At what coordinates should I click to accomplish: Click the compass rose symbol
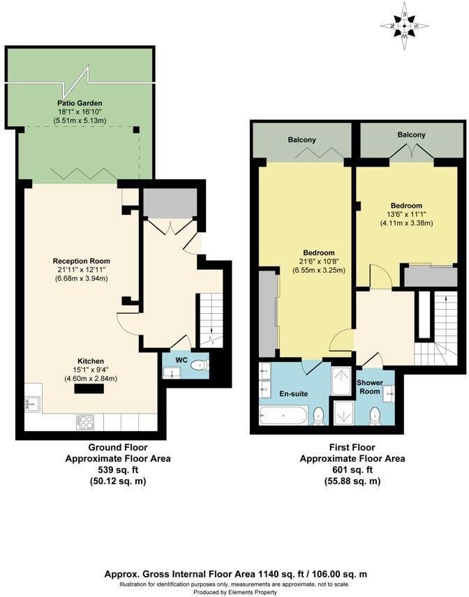pyautogui.click(x=404, y=26)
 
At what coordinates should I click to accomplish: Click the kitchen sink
pyautogui.click(x=33, y=403)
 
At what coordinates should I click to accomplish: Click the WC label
pyautogui.click(x=181, y=360)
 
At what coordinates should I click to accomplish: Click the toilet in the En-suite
pyautogui.click(x=319, y=416)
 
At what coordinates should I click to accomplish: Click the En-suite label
pyautogui.click(x=294, y=393)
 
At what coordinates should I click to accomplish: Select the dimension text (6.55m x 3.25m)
pyautogui.click(x=318, y=270)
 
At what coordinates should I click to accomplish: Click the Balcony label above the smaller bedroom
pyautogui.click(x=411, y=135)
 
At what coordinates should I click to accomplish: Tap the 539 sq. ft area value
pyautogui.click(x=118, y=470)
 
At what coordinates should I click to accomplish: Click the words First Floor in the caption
pyautogui.click(x=352, y=448)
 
